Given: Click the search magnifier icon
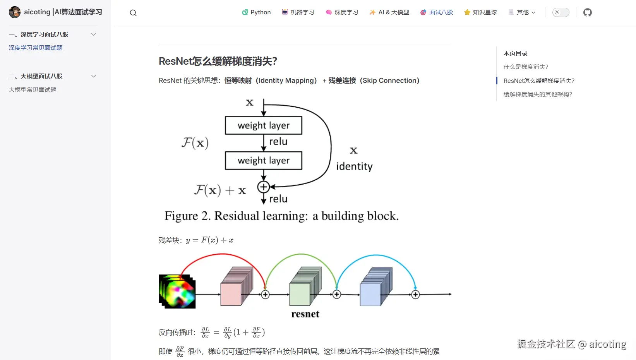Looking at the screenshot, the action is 133,13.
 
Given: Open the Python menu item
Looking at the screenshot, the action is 256,12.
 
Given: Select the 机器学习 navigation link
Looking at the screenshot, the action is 298,12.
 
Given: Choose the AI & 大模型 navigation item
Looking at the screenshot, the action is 389,12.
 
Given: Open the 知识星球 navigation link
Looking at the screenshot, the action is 480,12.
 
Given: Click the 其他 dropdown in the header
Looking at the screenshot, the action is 522,12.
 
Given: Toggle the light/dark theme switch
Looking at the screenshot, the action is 561,12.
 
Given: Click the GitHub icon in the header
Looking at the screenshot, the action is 588,12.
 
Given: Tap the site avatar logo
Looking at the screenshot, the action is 15,12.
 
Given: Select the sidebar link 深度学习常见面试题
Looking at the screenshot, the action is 36,48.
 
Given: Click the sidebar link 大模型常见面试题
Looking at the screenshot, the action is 33,89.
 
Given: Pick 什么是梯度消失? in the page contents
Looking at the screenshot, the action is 526,67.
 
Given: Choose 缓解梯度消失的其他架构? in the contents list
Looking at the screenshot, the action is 538,94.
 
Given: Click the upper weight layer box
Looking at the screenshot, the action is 264,125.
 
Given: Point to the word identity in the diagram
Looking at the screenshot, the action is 354,166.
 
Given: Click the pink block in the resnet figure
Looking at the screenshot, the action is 231,294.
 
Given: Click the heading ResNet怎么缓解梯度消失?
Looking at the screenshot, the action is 218,61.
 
